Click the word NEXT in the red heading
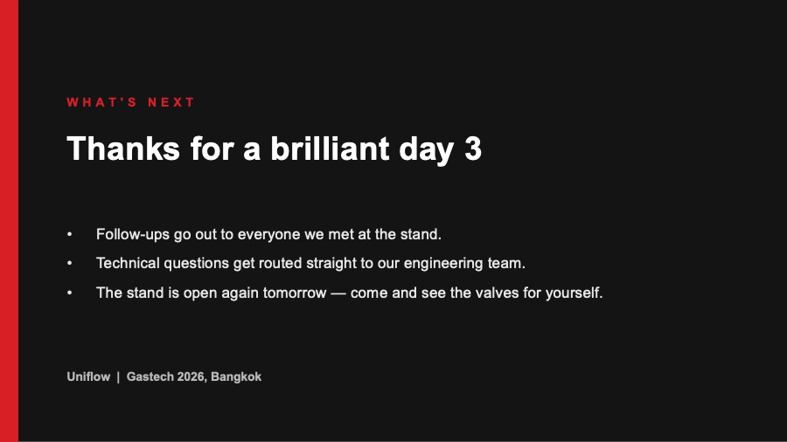coord(171,102)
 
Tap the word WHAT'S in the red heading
coord(102,102)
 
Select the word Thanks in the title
coord(123,148)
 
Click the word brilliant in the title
coord(330,148)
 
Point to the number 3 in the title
coord(473,148)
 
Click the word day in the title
coord(426,150)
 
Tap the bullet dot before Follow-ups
coord(70,234)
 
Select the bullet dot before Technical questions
coord(70,264)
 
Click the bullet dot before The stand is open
coord(70,294)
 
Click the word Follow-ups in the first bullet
coord(133,234)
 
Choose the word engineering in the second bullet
coord(443,264)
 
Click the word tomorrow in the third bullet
coord(295,293)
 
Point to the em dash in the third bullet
coord(338,294)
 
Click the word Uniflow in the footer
coord(88,376)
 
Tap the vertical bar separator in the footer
coord(118,376)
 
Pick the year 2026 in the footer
coord(191,376)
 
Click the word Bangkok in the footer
coord(236,376)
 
